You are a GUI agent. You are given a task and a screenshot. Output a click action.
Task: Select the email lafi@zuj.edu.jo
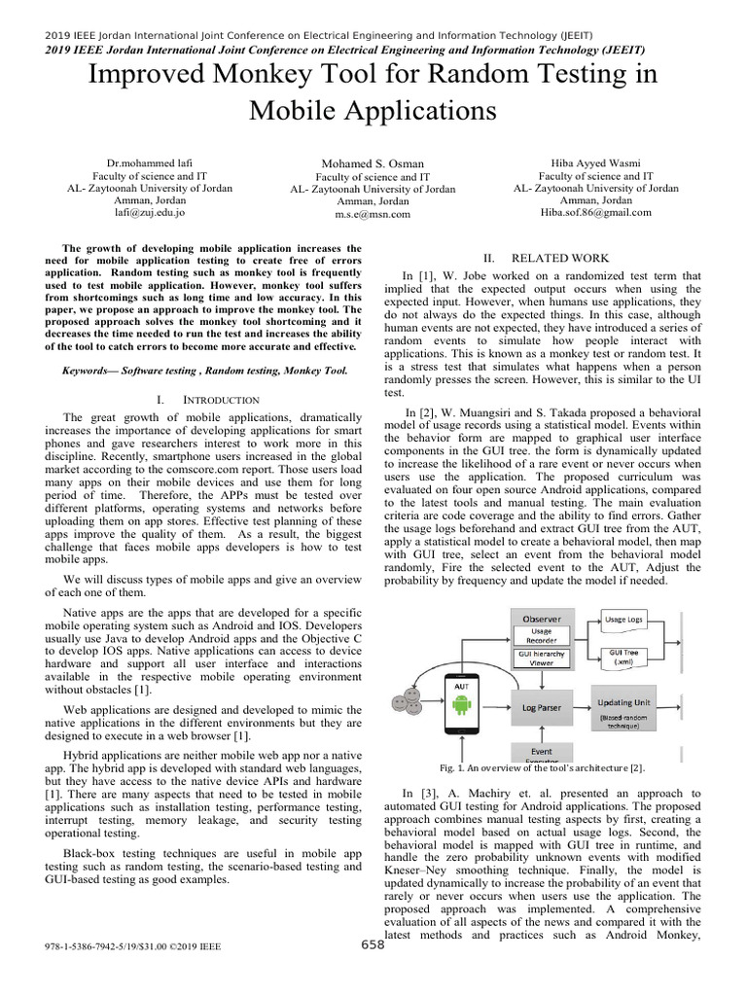pyautogui.click(x=149, y=211)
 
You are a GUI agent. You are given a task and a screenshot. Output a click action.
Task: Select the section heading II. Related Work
pyautogui.click(x=547, y=258)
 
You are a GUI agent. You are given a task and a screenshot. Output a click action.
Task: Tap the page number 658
pyautogui.click(x=373, y=944)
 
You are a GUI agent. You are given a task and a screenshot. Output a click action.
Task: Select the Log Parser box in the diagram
pyautogui.click(x=542, y=708)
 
